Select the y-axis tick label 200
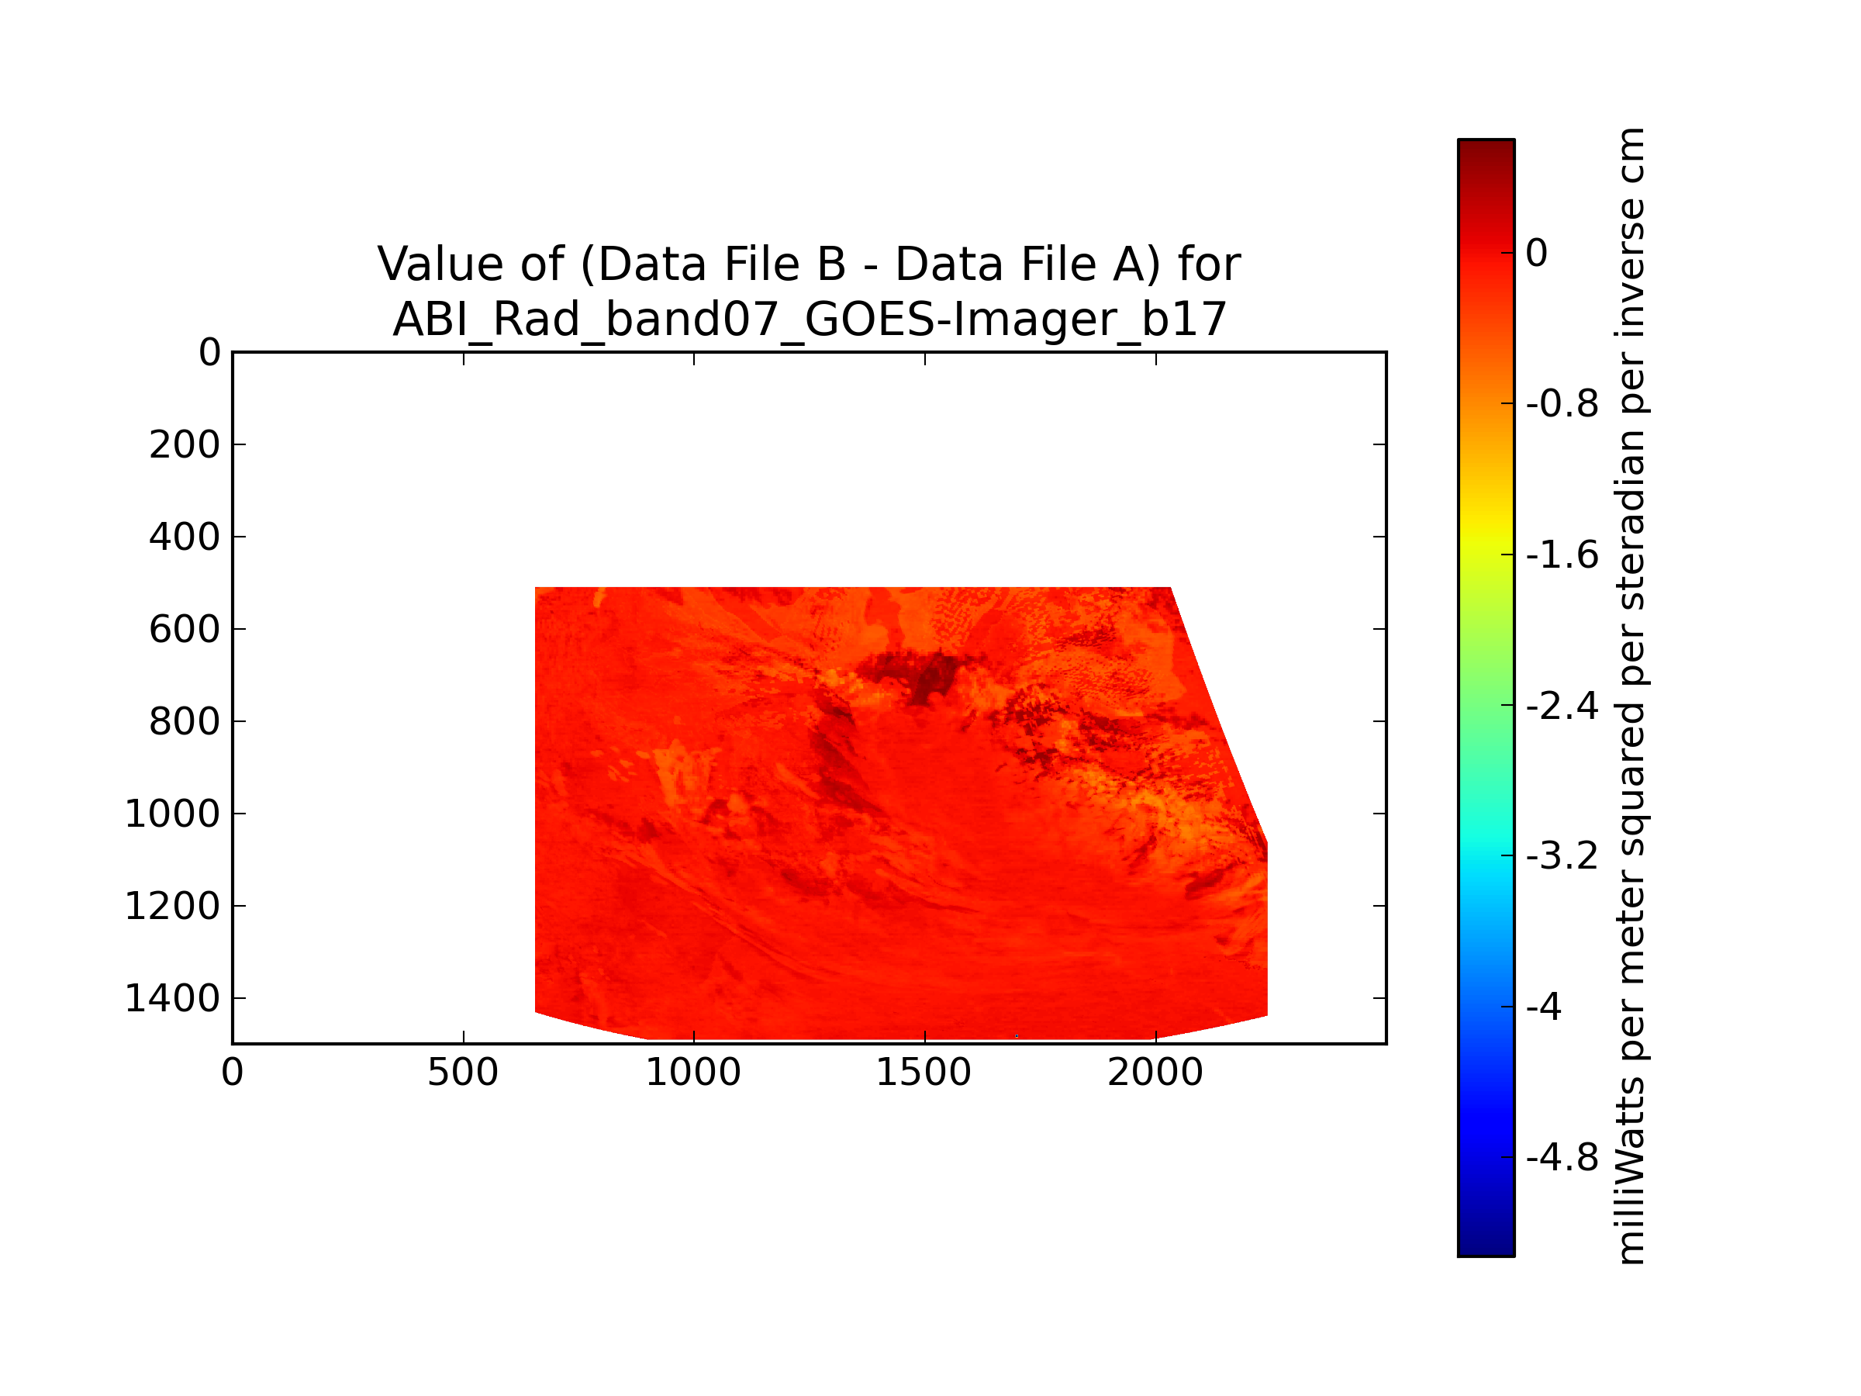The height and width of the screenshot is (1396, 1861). click(185, 445)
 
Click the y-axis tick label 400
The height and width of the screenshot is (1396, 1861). click(185, 537)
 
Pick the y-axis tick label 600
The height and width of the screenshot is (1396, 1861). click(185, 630)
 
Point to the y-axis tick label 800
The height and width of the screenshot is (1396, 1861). click(185, 722)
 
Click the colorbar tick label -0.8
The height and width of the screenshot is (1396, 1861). click(1562, 405)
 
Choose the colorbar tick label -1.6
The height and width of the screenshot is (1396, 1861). click(1562, 555)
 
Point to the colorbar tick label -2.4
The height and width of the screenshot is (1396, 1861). click(1562, 706)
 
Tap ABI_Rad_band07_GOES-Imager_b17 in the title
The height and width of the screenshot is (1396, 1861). click(810, 320)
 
